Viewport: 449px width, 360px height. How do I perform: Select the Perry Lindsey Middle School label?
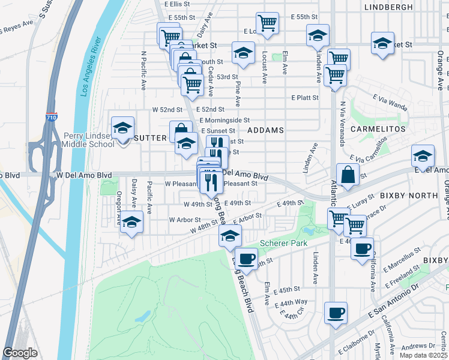tap(89, 140)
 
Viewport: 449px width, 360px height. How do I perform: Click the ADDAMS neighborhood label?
tap(265, 130)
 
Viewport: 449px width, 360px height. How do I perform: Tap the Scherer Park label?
tap(283, 243)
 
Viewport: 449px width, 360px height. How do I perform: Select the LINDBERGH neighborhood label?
tap(388, 7)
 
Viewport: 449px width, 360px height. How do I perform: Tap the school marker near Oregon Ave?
tap(131, 223)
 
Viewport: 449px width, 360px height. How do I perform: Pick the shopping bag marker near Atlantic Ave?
tap(348, 175)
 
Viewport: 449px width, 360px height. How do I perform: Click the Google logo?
tap(20, 353)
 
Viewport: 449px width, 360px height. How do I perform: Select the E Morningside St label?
tap(224, 120)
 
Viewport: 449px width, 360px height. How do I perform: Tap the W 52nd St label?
tap(167, 110)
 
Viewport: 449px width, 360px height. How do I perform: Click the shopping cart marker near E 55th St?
tap(267, 23)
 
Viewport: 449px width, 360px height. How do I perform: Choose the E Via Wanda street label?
tap(390, 103)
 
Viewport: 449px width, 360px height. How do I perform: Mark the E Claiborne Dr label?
tap(356, 349)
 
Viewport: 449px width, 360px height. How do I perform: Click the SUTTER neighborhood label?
tap(150, 138)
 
